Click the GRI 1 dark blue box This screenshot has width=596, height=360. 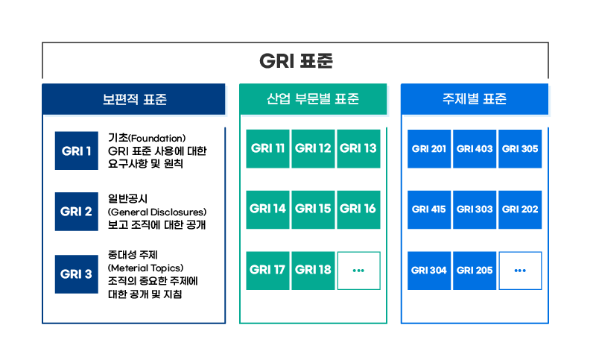(x=77, y=151)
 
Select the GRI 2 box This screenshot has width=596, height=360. (x=77, y=212)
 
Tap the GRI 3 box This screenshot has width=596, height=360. (x=77, y=274)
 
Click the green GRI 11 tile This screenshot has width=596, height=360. (x=267, y=148)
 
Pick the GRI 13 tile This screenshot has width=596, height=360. (x=358, y=148)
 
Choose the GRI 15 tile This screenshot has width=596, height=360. (x=313, y=209)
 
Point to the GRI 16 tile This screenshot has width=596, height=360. (x=358, y=209)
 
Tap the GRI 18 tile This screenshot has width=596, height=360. (x=313, y=271)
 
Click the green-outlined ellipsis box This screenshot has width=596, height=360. (x=358, y=271)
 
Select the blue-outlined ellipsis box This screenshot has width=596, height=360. (x=520, y=271)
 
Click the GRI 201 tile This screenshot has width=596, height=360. (x=429, y=148)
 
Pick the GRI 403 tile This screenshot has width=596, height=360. (x=475, y=148)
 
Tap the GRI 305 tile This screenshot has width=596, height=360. (x=520, y=148)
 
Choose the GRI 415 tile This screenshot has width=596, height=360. (x=429, y=209)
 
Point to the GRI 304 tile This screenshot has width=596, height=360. (x=429, y=271)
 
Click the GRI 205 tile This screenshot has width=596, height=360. (x=475, y=271)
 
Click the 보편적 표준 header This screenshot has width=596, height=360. (x=134, y=99)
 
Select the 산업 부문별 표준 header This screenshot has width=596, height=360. (x=313, y=99)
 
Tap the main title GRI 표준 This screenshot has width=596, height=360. (x=296, y=61)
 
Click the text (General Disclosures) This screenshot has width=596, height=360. (x=157, y=212)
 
